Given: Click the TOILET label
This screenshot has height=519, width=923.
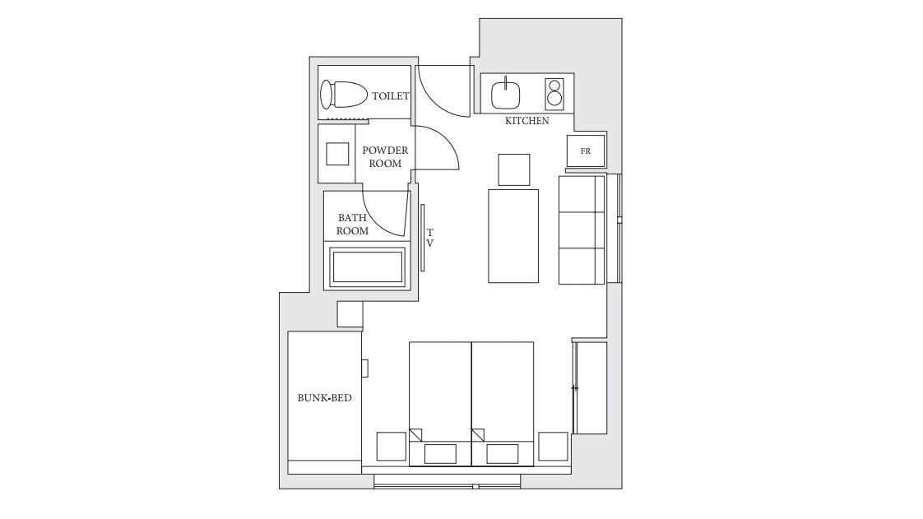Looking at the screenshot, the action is [x=390, y=96].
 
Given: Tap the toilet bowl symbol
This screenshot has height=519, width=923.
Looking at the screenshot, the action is [x=343, y=94].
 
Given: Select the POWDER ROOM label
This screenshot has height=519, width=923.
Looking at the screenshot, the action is [x=385, y=157].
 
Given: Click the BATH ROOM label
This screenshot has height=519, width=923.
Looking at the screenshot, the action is [x=353, y=225].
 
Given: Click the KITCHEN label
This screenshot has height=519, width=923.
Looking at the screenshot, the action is [x=526, y=121].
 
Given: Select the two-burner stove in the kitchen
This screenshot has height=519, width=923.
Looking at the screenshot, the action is [x=554, y=94].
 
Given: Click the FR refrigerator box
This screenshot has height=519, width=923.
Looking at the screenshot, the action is [x=586, y=151].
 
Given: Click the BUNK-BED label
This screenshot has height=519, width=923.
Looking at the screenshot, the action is [x=324, y=398].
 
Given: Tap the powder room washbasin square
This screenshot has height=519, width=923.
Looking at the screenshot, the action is [x=337, y=154].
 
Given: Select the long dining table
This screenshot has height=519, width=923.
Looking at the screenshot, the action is [x=513, y=236].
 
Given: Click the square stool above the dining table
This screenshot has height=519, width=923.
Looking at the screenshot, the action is [x=514, y=169].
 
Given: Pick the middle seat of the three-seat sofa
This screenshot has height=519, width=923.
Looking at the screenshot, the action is [x=582, y=230].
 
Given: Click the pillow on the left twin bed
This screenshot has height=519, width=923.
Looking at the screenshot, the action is [x=440, y=454].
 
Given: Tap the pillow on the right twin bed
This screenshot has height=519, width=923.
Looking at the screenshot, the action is [x=503, y=454].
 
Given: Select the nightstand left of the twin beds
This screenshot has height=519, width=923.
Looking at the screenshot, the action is [x=392, y=447].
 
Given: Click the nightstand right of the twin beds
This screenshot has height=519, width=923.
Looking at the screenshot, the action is [x=553, y=447].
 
